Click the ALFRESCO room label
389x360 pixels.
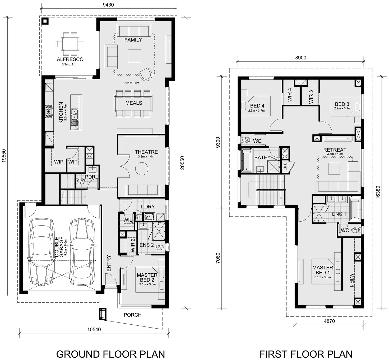pos(70,59)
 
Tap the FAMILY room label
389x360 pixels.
pos(133,40)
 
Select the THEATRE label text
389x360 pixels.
pos(146,152)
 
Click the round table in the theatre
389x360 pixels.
pos(142,169)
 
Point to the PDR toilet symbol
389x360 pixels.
pos(81,181)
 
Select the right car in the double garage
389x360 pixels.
pos(82,251)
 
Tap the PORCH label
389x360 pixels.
pos(132,315)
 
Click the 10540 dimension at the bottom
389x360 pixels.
pos(94,329)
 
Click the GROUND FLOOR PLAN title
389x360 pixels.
pos(110,354)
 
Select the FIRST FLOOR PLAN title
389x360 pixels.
pos(305,354)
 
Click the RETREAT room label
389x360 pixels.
pos(335,150)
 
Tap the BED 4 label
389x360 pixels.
pos(257,106)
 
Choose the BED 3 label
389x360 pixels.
pos(342,104)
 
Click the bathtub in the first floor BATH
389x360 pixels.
pos(247,160)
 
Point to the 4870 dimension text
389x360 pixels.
pos(329,321)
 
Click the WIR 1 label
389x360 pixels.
pos(351,280)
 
